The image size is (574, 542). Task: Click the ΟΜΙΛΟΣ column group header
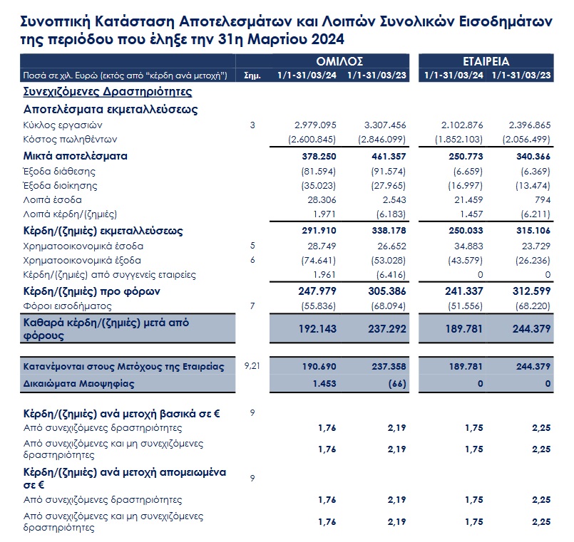coord(339,61)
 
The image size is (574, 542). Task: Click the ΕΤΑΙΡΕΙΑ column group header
coord(486,61)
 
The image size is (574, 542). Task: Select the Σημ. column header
coord(252,75)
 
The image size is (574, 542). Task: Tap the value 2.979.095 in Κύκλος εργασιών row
coord(315,125)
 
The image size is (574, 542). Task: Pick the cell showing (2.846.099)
coord(381,140)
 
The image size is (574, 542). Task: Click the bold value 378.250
coord(319,157)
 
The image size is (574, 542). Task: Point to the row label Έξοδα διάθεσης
coord(59,172)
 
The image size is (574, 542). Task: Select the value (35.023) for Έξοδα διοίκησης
coord(319,186)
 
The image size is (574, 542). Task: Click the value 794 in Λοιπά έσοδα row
coord(543,200)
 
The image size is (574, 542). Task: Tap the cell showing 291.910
coord(319,231)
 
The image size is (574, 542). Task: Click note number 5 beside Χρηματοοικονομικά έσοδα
coord(252,246)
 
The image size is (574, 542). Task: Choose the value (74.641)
coord(319,261)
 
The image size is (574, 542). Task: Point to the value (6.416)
coord(391,275)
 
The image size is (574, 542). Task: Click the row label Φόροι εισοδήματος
coord(67,306)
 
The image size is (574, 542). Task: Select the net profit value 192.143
coord(317,329)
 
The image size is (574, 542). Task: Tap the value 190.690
coord(319,367)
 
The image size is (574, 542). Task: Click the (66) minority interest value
coord(397,384)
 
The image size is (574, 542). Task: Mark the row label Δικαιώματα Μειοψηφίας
coord(78,384)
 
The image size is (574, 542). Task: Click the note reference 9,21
coord(252,365)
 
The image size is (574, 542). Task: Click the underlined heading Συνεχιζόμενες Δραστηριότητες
coord(108,91)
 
